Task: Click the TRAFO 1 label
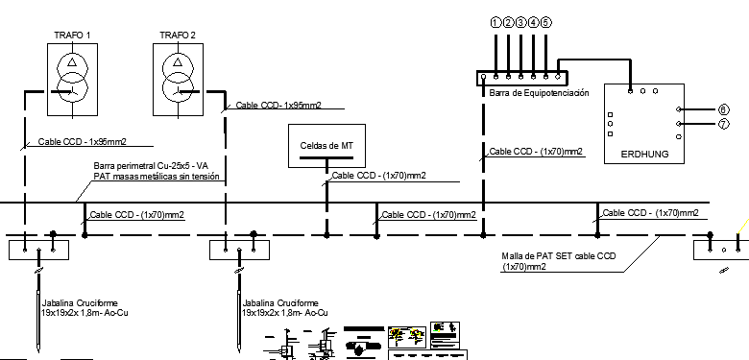73,36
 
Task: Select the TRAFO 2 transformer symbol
178,78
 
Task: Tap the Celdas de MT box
326,145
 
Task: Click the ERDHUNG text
644,154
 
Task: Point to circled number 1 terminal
495,21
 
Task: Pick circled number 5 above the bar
545,21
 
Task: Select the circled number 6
723,109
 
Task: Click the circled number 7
723,124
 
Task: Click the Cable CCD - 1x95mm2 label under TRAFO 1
83,141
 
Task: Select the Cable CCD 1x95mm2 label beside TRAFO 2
278,105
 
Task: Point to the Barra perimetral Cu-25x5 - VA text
150,166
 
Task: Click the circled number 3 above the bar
520,21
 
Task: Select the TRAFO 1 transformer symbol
73,78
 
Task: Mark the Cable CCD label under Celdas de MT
378,176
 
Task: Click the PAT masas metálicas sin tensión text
157,177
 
